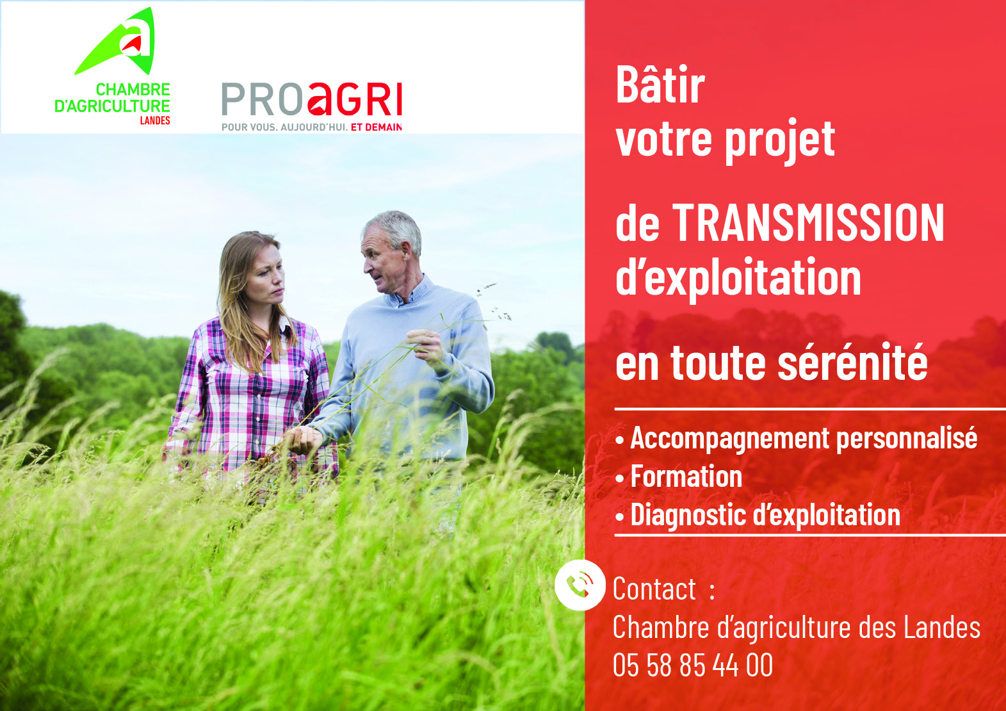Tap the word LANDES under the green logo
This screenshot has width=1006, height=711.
click(155, 120)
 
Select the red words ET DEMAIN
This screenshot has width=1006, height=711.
click(376, 127)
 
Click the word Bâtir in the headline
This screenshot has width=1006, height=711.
click(660, 85)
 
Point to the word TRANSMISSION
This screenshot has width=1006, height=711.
click(808, 223)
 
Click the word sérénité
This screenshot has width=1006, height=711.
click(852, 361)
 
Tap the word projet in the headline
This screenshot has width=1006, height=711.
click(780, 139)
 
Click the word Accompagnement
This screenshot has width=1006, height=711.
click(730, 438)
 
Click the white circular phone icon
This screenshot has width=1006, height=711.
click(580, 585)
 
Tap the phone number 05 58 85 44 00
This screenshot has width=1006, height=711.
click(692, 665)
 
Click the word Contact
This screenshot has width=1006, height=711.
click(654, 589)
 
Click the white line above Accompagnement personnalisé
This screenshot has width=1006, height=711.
click(810, 409)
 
